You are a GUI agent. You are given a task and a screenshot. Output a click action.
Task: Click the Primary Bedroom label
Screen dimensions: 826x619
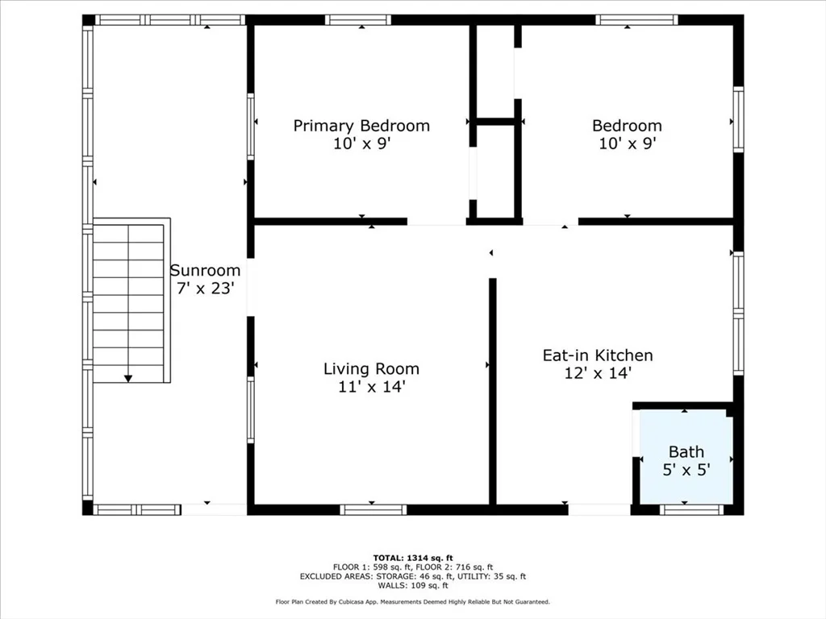tap(361, 126)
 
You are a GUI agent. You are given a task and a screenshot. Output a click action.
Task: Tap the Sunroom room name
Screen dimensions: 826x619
tap(205, 271)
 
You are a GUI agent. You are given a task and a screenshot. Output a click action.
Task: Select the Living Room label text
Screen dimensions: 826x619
tap(371, 369)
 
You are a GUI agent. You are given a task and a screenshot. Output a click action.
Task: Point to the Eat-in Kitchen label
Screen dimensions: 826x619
tap(598, 355)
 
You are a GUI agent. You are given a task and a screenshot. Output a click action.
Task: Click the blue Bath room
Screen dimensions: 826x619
tap(686, 456)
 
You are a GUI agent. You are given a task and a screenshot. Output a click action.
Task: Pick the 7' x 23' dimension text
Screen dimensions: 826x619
tap(205, 289)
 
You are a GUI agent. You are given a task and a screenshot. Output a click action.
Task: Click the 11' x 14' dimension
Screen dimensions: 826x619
tap(371, 387)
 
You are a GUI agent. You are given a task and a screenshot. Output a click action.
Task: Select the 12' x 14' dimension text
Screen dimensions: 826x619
tap(598, 373)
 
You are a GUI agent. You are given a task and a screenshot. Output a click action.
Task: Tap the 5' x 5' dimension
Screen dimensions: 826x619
tap(686, 470)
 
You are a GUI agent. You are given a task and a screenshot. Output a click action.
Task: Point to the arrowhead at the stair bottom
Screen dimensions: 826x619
tap(128, 379)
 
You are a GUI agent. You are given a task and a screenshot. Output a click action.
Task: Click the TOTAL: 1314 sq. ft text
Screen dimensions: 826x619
tap(413, 558)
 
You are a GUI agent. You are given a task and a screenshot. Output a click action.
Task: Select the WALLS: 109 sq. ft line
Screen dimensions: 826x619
tap(413, 585)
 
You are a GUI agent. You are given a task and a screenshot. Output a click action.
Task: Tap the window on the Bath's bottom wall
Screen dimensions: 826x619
tap(691, 509)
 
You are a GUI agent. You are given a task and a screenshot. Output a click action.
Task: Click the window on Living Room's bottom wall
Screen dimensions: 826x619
tap(373, 509)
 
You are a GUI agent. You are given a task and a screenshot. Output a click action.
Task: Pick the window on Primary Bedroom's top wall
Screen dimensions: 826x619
tap(357, 20)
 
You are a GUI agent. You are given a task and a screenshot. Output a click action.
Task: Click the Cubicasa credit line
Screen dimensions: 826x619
tap(413, 601)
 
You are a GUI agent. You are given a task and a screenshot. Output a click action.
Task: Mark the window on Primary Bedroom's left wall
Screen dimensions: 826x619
tap(251, 127)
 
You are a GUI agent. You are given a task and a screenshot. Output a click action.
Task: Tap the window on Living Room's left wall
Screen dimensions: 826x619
tap(251, 409)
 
